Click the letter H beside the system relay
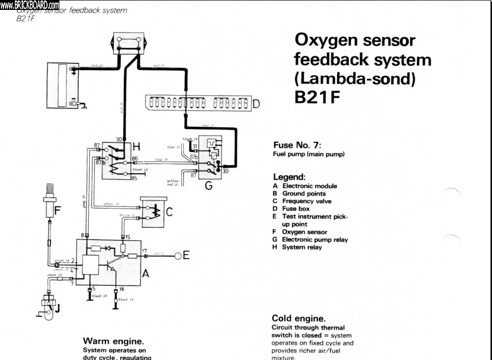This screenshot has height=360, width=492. (x=138, y=147)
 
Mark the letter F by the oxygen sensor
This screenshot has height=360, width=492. (x=57, y=210)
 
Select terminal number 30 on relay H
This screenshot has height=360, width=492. (x=119, y=140)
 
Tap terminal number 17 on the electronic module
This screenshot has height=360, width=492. (x=145, y=251)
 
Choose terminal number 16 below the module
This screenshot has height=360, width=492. (x=121, y=288)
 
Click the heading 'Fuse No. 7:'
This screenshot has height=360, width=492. (x=297, y=146)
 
